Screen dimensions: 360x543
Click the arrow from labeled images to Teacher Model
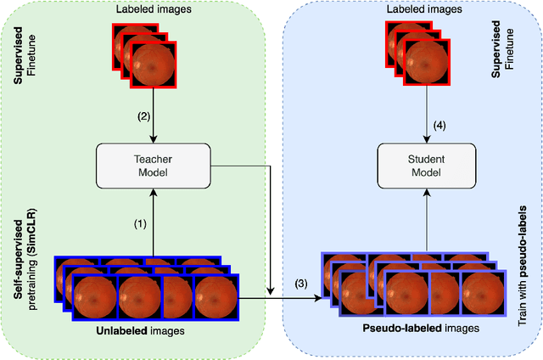click(154, 123)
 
